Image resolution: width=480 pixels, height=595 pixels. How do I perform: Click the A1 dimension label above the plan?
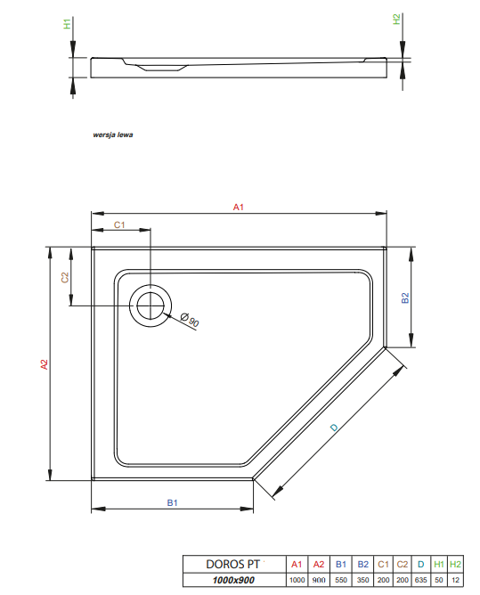[238, 207]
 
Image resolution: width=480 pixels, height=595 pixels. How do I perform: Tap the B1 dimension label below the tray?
[172, 503]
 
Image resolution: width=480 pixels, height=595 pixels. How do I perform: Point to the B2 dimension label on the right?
[404, 298]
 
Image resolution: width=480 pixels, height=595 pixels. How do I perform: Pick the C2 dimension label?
[64, 278]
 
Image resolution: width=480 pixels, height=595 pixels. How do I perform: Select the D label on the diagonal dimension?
[334, 428]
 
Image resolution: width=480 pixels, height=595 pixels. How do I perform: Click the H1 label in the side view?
[67, 24]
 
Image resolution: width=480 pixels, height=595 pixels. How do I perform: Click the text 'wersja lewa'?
[113, 136]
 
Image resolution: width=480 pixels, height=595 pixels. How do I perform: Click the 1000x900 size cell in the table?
[232, 580]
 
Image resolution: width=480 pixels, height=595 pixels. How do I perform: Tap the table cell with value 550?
[340, 580]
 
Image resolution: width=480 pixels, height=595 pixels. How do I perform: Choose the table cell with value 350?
[362, 580]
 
